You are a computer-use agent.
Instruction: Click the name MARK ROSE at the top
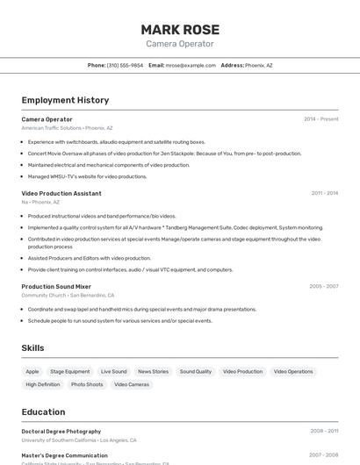pos(180,29)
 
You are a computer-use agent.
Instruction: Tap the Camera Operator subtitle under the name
pos(180,44)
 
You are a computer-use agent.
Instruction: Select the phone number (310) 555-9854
pos(125,65)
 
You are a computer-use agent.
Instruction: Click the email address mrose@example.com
pos(191,65)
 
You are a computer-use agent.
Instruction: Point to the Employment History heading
pos(65,100)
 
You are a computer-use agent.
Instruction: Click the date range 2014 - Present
pos(320,119)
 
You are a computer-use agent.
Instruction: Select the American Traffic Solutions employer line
pos(67,128)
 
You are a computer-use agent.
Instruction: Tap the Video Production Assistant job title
pos(61,193)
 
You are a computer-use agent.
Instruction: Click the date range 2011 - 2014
pos(324,193)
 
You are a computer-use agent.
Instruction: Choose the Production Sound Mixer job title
pos(56,286)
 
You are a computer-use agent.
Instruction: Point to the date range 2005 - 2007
pos(323,286)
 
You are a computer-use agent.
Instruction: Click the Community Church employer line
pos(68,295)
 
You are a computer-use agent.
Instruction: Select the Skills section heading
pos(32,348)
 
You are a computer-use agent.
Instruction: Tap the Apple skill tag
pos(32,372)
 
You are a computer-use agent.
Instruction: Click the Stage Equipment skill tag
pos(69,372)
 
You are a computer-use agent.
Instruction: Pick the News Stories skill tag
pos(153,372)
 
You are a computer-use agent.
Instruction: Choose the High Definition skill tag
pos(43,384)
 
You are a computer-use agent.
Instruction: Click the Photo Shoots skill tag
pos(87,384)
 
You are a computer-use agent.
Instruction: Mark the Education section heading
pos(43,412)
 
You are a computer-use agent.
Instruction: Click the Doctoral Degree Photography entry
pos(61,432)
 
